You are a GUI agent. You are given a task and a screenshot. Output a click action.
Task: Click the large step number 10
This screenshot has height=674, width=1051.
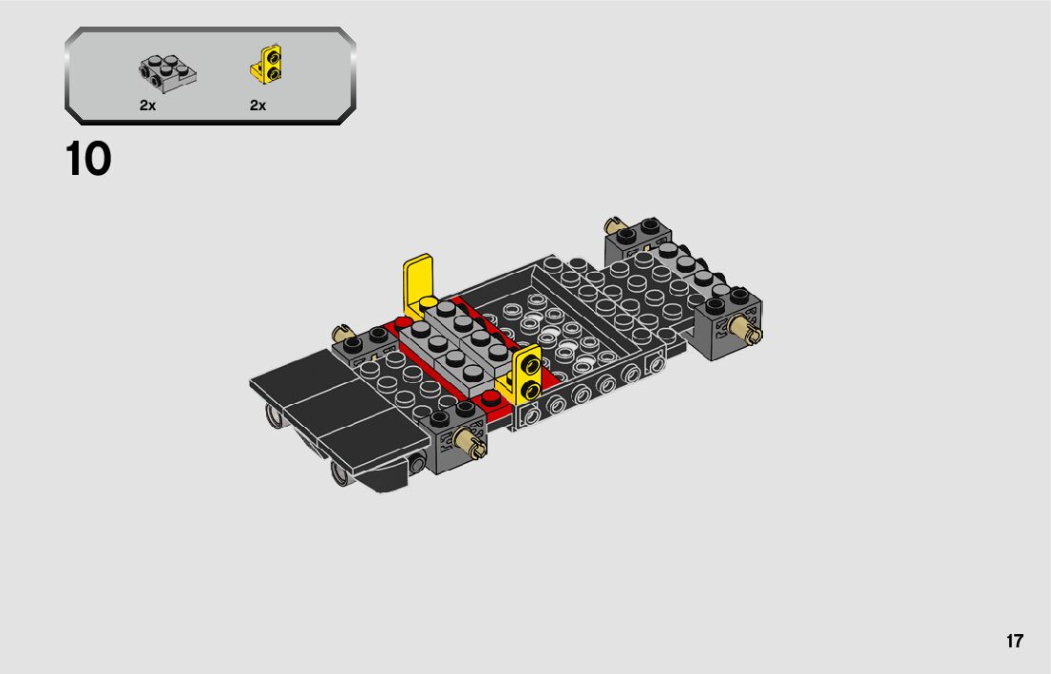tap(87, 160)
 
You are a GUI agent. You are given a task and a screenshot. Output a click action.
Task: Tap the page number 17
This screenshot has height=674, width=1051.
tap(1014, 641)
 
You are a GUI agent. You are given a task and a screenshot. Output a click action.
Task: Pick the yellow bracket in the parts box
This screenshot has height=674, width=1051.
tap(267, 65)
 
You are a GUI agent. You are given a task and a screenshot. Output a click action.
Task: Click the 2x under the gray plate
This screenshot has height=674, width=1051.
tap(147, 106)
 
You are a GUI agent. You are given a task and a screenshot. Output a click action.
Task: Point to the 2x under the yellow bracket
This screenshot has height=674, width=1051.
tap(258, 106)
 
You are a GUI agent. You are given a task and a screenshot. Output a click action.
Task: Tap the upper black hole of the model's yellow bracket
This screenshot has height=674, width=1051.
tap(532, 365)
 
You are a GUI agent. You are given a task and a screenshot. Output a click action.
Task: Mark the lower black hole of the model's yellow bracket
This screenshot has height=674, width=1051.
tap(529, 389)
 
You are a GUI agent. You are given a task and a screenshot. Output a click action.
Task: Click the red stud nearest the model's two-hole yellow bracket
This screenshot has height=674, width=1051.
tap(491, 399)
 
